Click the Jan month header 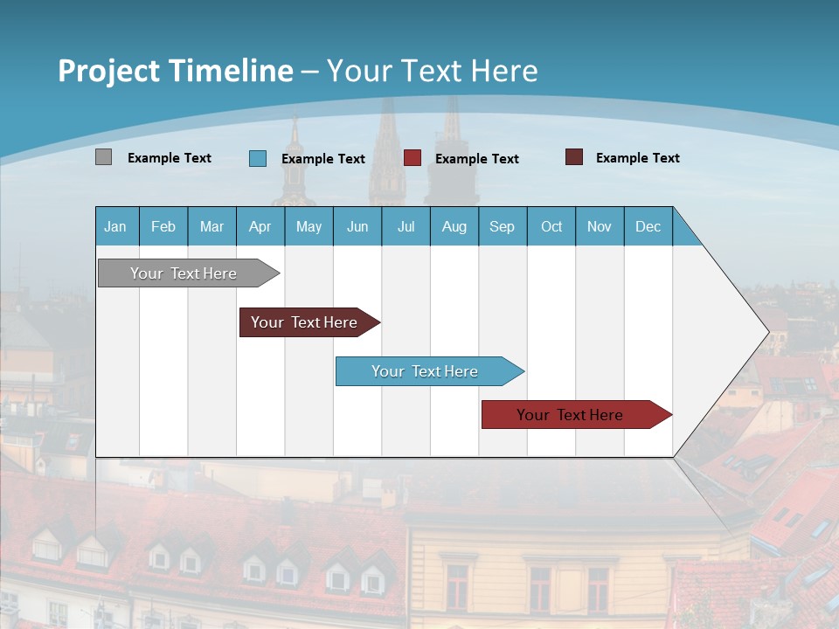click(x=116, y=226)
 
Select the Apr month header click(x=260, y=226)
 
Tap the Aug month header click(x=454, y=226)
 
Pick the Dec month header click(x=648, y=226)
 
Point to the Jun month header click(x=357, y=226)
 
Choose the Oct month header click(x=551, y=226)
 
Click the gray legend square click(x=103, y=157)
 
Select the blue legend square click(x=258, y=158)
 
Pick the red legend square click(x=413, y=158)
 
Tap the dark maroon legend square click(x=574, y=157)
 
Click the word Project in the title click(x=108, y=71)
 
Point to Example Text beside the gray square click(x=170, y=158)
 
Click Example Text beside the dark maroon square click(x=638, y=158)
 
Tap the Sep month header click(x=503, y=226)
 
